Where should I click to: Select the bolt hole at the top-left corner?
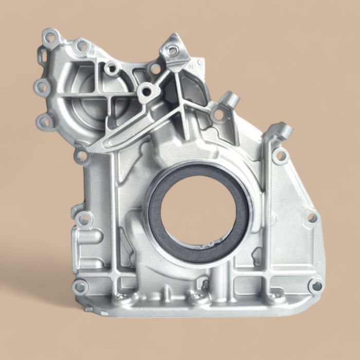[x=50, y=37]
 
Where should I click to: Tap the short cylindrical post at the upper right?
[x=231, y=99]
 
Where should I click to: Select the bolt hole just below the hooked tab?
[x=280, y=154]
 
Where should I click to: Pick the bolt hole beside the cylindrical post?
[x=219, y=114]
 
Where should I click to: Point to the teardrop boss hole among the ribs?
[x=146, y=92]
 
